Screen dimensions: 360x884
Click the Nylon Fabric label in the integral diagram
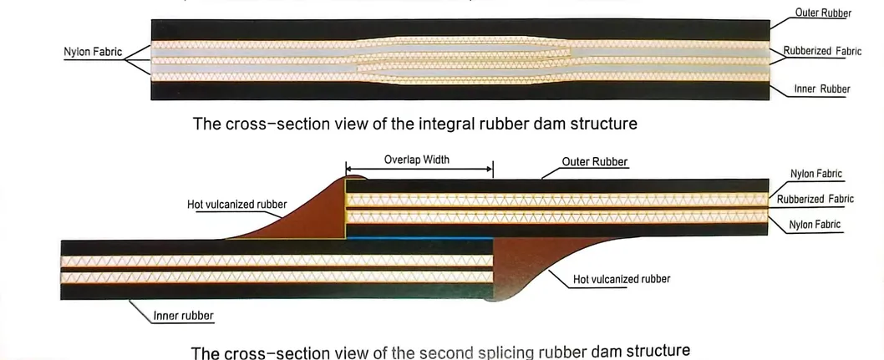tap(93, 52)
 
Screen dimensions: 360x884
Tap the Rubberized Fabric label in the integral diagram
tap(822, 52)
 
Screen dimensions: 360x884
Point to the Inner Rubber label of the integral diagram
tap(821, 89)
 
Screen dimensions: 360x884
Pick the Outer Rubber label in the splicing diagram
tap(596, 161)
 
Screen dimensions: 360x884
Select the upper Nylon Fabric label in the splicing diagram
tap(815, 174)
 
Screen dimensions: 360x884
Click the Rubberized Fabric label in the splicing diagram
tap(815, 199)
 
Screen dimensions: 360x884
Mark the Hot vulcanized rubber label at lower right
tap(622, 278)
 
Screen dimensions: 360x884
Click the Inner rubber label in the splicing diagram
tap(184, 316)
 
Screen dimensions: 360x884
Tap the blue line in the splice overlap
tap(418, 239)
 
